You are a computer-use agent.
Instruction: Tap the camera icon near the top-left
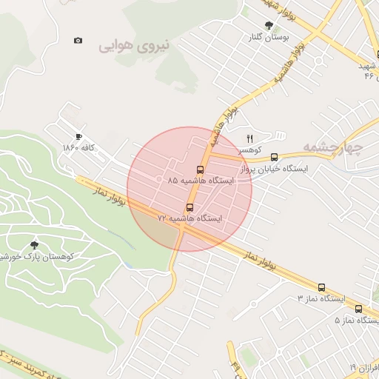coord(78,40)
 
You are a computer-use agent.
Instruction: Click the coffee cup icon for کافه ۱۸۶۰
coord(79,136)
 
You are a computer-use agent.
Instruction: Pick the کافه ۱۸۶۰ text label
coord(80,147)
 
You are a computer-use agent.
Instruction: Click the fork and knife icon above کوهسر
coord(249,138)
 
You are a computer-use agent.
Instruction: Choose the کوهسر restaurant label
coord(249,150)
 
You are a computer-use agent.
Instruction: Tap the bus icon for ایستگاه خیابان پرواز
coord(275,157)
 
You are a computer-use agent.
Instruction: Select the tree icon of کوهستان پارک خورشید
coord(34,244)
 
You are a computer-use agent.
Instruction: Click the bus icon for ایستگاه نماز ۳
coord(321,287)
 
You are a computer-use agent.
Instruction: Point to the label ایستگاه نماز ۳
coord(321,298)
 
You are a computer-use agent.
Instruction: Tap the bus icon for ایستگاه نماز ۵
coord(358,309)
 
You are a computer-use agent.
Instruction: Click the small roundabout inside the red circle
coord(159,178)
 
